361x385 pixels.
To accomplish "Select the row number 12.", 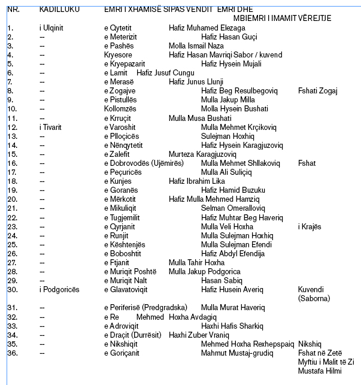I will click(11, 127).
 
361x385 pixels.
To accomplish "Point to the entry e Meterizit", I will click(123, 37).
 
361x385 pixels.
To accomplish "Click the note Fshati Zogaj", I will click(317, 91).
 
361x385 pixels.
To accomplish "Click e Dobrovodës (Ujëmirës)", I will click(144, 163).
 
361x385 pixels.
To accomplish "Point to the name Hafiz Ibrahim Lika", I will click(197, 181).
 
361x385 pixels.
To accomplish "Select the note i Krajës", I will click(310, 226).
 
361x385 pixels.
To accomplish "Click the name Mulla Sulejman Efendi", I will click(237, 244).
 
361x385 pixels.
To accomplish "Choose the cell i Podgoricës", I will click(57, 290).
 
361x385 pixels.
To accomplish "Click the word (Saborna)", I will click(314, 298).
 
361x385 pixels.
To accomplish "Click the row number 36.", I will click(11, 353).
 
